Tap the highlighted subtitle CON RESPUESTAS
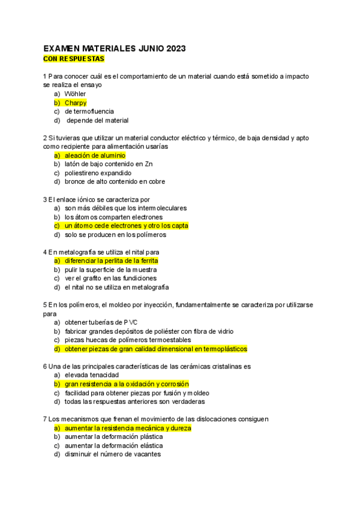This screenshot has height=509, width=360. coord(74,59)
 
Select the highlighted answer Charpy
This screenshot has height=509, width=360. coord(76,103)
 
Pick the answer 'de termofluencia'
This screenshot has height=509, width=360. coord(89,111)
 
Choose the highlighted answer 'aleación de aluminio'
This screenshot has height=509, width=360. coord(95,155)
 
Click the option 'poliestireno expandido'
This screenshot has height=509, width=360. coord(98,173)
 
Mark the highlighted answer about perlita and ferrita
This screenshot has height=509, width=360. coord(111,261)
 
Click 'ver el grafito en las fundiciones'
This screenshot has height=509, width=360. coord(110,279)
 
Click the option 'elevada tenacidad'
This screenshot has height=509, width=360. coord(91,375)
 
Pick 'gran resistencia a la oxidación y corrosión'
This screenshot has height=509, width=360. coord(127,384)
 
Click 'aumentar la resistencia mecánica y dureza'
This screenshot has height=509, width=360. coord(128,428)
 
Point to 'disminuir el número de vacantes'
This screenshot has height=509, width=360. coord(112,454)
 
